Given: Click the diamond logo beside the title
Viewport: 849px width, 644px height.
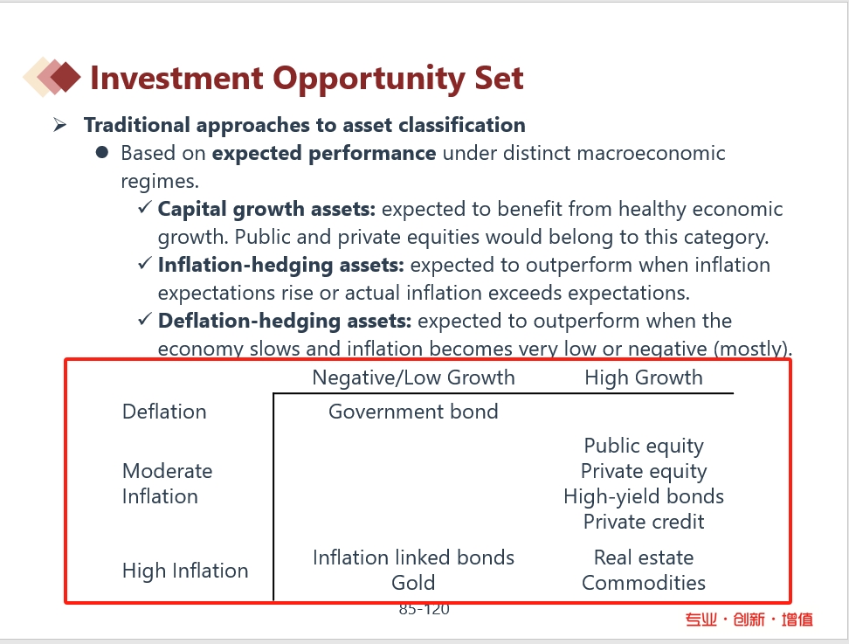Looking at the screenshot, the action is [52, 77].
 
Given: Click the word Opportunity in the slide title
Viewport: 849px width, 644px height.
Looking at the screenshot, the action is [369, 79].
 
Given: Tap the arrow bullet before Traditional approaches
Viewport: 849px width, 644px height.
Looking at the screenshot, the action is [59, 125].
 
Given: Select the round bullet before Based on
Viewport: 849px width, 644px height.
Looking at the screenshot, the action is [101, 153].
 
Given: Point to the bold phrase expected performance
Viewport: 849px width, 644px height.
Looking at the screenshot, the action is [324, 154].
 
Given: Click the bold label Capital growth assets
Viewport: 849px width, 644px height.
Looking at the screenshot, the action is [266, 210].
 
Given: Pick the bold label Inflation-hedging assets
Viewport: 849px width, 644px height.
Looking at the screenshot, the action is [281, 266].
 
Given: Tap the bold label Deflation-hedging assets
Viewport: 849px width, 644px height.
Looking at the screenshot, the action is [285, 322].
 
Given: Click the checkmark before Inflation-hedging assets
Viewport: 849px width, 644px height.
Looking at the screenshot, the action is [145, 264].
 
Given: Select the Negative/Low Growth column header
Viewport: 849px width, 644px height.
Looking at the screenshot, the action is [414, 377].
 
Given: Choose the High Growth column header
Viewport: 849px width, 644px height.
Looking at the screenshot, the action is [644, 378].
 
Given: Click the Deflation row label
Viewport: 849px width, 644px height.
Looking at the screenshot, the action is [164, 412].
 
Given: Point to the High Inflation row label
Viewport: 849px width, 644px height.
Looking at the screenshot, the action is [185, 571].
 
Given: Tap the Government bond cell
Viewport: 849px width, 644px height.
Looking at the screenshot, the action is [413, 412].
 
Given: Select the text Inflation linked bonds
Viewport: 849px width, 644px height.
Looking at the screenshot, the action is [413, 557].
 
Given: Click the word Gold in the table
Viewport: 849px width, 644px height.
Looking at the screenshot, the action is [413, 583].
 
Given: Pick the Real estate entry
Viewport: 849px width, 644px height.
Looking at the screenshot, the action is [644, 557].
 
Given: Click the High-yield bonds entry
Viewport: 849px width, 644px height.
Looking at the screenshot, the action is [644, 496].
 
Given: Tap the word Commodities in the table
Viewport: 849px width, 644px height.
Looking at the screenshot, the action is [644, 583].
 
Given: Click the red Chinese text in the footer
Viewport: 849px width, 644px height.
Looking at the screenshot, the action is [749, 619].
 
